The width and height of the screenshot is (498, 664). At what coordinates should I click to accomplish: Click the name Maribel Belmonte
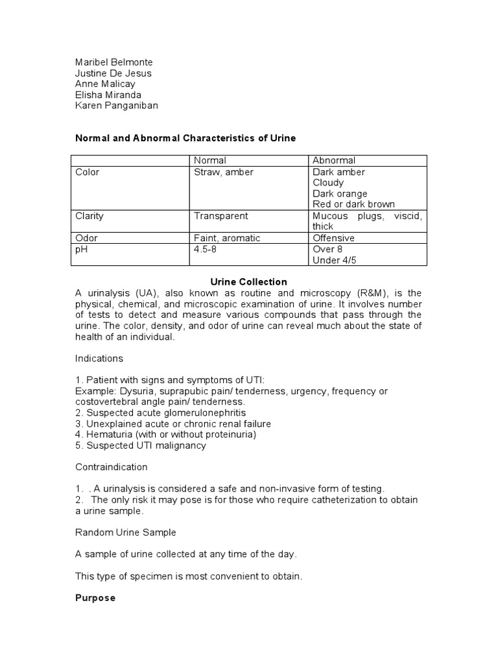coord(114,62)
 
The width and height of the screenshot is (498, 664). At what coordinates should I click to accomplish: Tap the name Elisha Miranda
coord(108,95)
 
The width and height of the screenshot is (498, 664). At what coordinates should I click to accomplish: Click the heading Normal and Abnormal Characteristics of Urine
coord(185,138)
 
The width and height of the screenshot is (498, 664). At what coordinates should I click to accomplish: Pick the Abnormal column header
coord(334,160)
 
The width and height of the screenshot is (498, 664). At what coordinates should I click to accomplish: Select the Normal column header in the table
coord(210,160)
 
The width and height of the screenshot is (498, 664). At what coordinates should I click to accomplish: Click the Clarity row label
coord(89,216)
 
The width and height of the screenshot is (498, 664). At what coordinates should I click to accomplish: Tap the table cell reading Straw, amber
coord(224,172)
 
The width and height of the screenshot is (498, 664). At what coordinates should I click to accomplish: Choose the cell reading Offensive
coord(333,238)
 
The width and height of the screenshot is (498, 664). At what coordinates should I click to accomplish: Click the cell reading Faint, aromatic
coord(227,238)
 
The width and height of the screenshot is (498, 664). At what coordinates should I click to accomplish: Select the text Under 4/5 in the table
coord(335,260)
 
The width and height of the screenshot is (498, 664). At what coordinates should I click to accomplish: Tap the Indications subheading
coord(99,358)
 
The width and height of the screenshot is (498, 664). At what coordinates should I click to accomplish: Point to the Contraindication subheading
coord(112,467)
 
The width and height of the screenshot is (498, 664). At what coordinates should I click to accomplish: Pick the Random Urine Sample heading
coord(126,532)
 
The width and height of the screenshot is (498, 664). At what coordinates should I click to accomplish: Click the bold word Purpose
coord(95,598)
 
